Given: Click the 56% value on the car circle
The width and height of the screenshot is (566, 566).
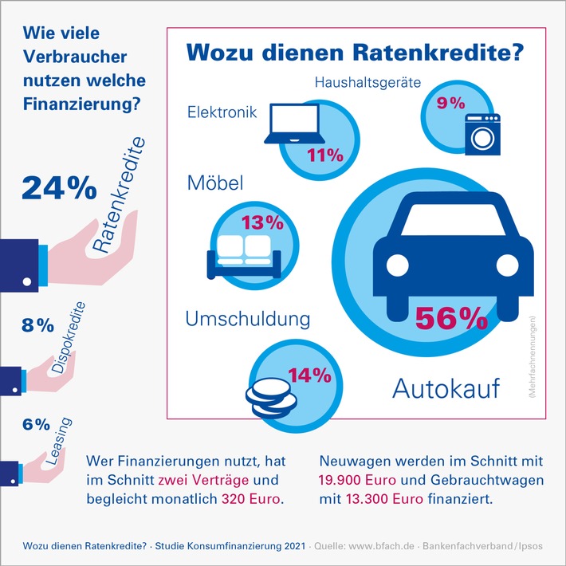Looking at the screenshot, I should point(451,318).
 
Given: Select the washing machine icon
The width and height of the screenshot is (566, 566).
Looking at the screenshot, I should point(481,134).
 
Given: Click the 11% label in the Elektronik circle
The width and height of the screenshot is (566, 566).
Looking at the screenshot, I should point(324,155).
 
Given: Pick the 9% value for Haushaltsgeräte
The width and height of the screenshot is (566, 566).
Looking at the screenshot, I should point(443,102).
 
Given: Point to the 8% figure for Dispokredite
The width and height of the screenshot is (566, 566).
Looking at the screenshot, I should point(37,324).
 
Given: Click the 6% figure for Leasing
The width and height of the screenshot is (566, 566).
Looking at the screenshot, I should point(37,425).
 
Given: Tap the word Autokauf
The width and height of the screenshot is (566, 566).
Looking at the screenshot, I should point(446,389).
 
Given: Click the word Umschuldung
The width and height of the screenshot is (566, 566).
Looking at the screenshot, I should point(247,320).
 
